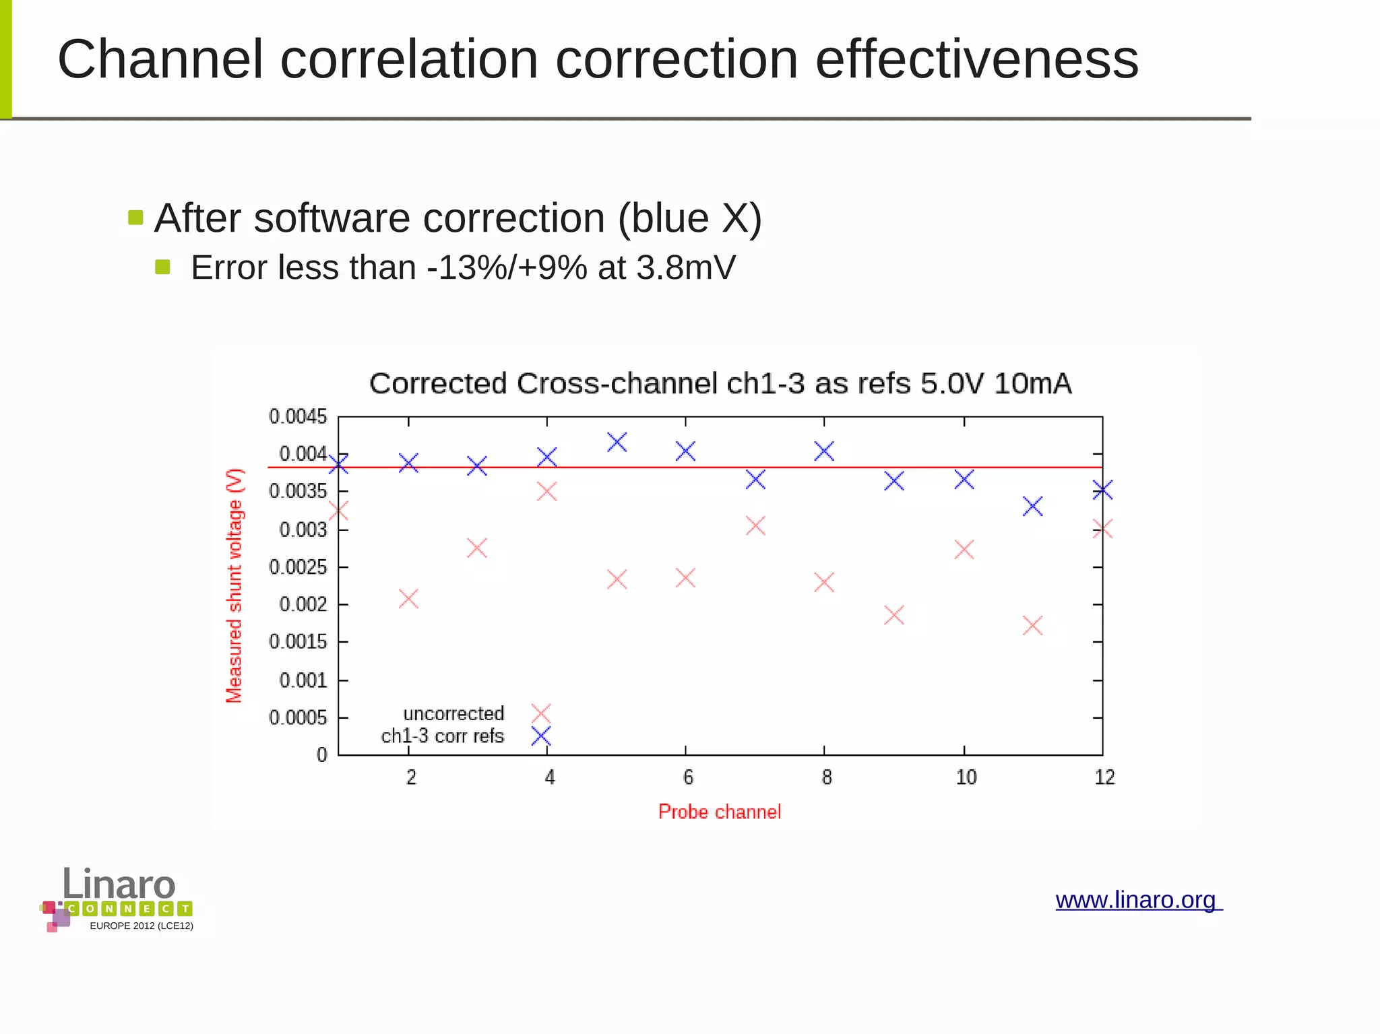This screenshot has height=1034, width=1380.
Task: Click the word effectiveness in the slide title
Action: [x=976, y=59]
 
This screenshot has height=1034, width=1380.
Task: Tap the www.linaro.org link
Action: [x=1137, y=900]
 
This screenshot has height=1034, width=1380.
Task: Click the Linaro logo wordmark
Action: [x=119, y=884]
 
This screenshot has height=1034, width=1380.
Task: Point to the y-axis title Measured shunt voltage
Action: [x=234, y=585]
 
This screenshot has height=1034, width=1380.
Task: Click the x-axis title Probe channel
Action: [x=719, y=812]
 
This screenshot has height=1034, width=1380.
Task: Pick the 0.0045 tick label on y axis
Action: [x=298, y=417]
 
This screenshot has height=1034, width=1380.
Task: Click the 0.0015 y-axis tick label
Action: [x=298, y=642]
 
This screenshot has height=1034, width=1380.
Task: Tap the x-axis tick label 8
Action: [x=827, y=777]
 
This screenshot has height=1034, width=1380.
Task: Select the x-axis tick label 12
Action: [x=1104, y=777]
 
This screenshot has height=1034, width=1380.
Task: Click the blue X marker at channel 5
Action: [x=617, y=443]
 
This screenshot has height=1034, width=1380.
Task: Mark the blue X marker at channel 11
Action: [x=1032, y=506]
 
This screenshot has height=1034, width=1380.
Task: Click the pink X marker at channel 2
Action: [x=408, y=598]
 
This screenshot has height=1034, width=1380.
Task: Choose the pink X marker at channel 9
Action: [x=893, y=614]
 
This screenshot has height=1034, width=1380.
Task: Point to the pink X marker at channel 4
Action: [x=546, y=491]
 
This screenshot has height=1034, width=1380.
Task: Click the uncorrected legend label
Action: [x=453, y=713]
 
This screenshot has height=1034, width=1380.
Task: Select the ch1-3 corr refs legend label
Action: [x=442, y=736]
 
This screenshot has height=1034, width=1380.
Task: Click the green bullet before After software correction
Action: [x=135, y=218]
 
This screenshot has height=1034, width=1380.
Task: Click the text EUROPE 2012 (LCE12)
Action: [x=142, y=926]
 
